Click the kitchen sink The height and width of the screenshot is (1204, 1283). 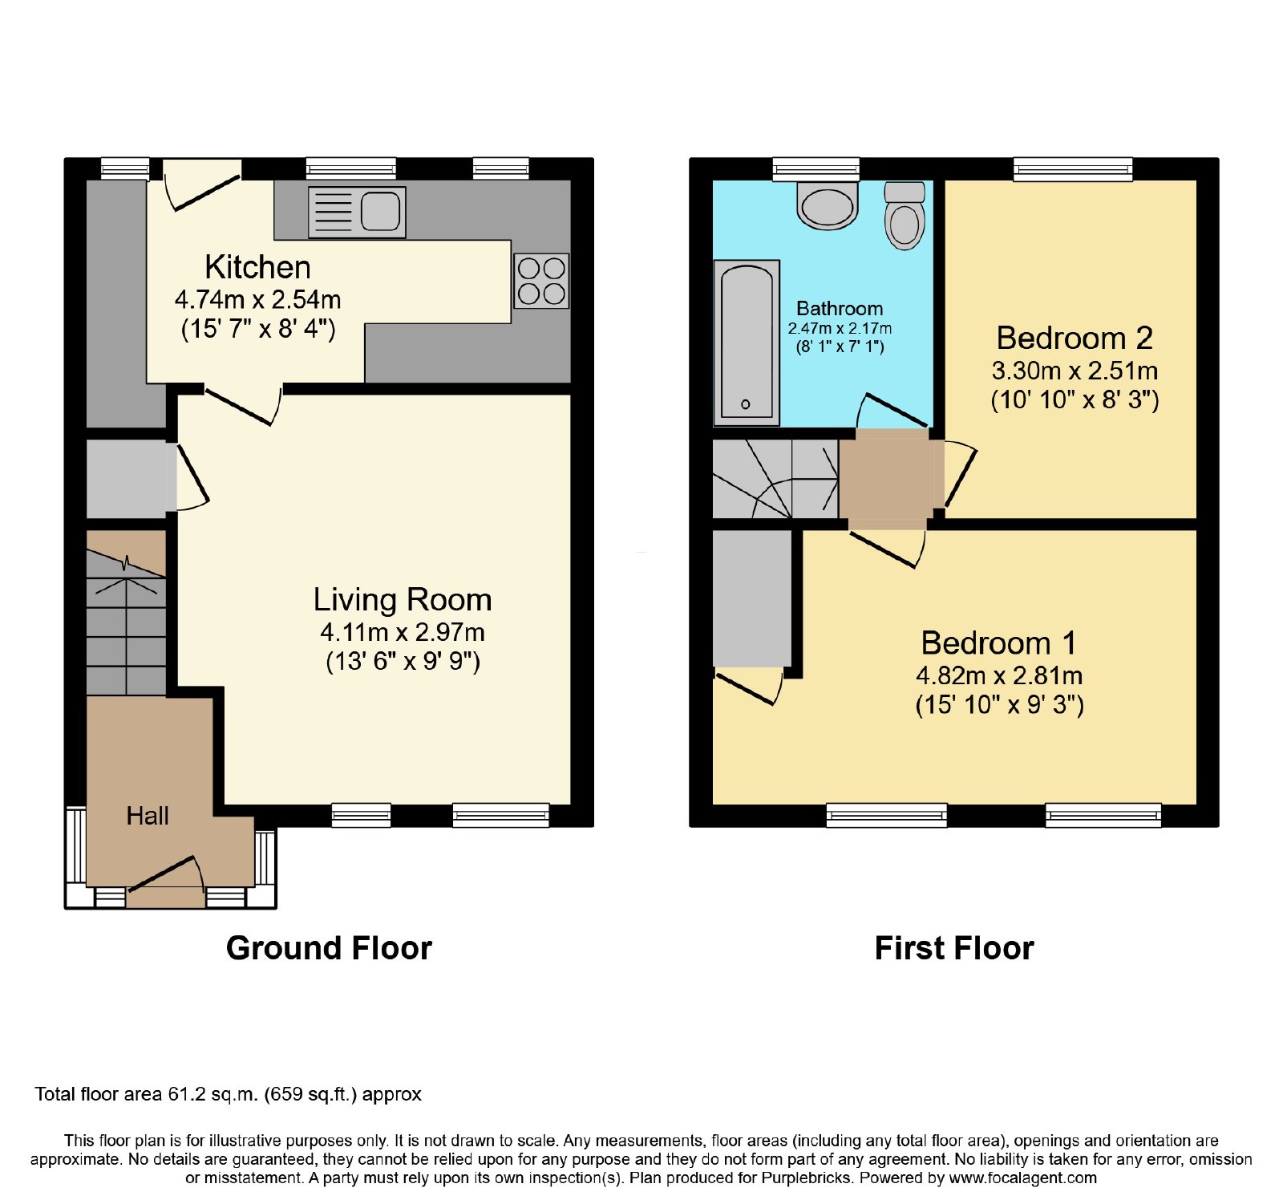click(x=357, y=213)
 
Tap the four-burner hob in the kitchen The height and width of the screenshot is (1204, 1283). click(x=542, y=281)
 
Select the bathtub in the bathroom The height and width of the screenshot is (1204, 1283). click(x=747, y=343)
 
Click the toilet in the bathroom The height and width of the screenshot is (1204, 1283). click(x=905, y=215)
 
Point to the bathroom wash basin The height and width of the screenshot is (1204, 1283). click(x=828, y=205)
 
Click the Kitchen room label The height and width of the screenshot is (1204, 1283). click(x=257, y=267)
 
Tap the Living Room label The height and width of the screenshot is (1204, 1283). click(x=403, y=600)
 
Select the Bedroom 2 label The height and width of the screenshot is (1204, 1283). click(x=1075, y=338)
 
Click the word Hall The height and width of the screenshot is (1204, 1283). click(x=148, y=816)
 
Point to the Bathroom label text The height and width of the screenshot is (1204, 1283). click(x=840, y=308)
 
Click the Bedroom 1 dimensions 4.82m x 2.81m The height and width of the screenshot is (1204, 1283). click(x=999, y=675)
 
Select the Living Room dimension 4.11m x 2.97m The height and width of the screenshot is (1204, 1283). click(x=403, y=632)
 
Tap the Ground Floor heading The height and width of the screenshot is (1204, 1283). click(x=329, y=948)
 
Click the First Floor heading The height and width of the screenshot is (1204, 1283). click(x=954, y=948)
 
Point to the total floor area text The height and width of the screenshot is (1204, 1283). click(x=228, y=1094)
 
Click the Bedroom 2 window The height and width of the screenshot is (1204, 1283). click(x=1073, y=169)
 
